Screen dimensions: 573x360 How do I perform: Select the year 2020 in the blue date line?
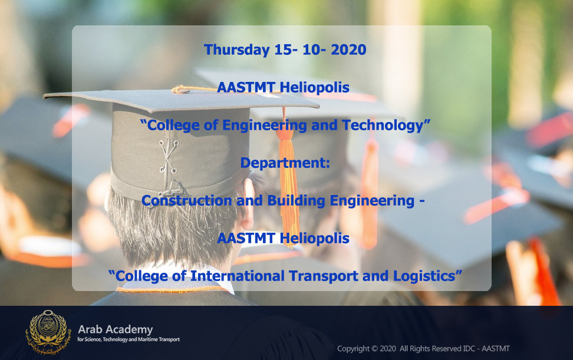click(x=348, y=49)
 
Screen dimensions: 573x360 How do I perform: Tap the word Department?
click(x=285, y=163)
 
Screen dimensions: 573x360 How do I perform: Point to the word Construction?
click(x=187, y=200)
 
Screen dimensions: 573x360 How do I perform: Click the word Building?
click(x=297, y=201)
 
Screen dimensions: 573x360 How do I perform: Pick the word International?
click(x=237, y=276)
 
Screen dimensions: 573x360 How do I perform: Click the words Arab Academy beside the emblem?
click(x=116, y=330)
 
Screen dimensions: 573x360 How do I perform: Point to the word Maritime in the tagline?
click(x=147, y=339)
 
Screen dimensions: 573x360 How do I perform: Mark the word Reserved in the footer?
click(x=449, y=349)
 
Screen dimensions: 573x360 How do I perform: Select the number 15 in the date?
click(x=283, y=49)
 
